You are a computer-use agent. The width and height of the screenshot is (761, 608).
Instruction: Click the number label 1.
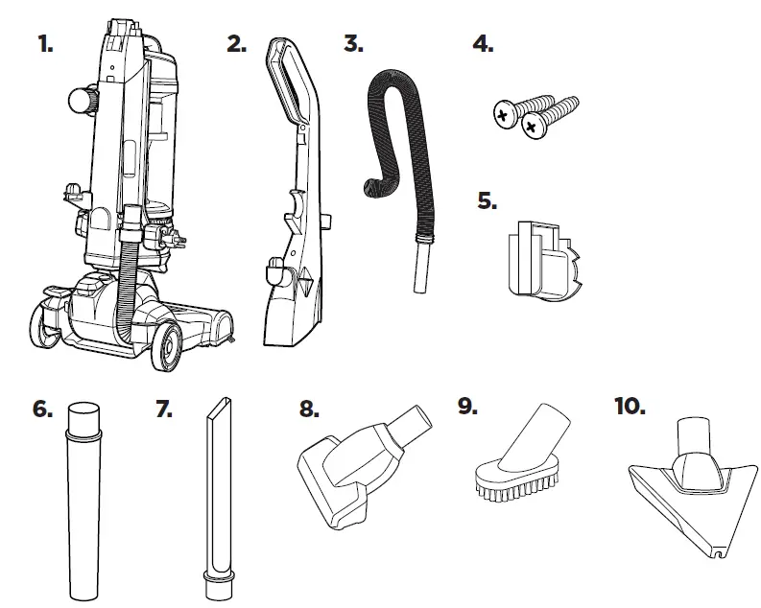(x=46, y=44)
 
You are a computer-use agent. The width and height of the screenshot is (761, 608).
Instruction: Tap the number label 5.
(x=488, y=202)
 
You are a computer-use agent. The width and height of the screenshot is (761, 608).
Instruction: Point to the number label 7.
(x=164, y=408)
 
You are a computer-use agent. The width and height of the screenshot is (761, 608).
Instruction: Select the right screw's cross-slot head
(x=531, y=123)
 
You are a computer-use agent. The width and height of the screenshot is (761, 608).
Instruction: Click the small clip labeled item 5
(x=536, y=259)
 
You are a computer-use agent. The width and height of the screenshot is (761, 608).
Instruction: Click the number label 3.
(x=353, y=44)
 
